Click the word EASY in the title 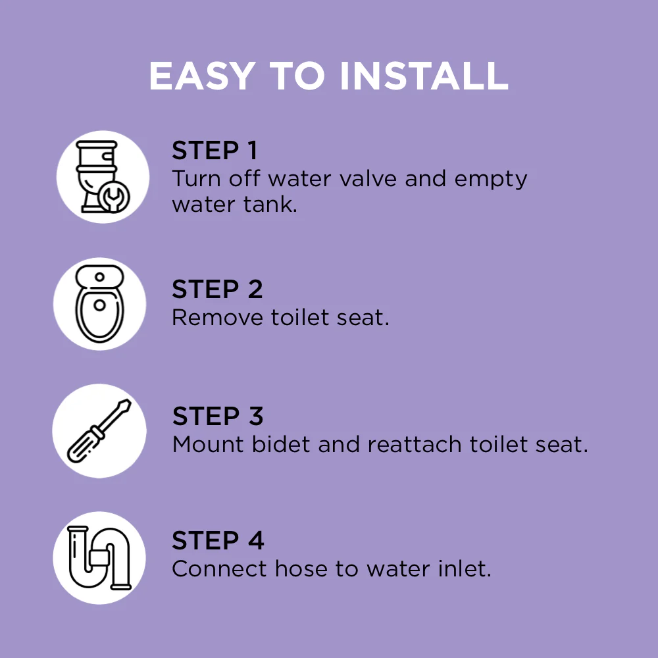(x=202, y=76)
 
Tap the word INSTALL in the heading (x=424, y=76)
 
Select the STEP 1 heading (x=215, y=150)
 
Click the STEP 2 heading (x=217, y=289)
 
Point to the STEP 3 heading (x=218, y=416)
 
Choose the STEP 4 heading (x=218, y=540)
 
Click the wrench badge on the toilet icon (x=114, y=196)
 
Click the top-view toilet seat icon (x=99, y=303)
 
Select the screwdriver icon (x=99, y=431)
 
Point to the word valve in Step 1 (x=368, y=179)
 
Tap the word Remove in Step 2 (x=217, y=318)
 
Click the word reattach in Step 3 (x=414, y=444)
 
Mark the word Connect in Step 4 (x=219, y=569)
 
